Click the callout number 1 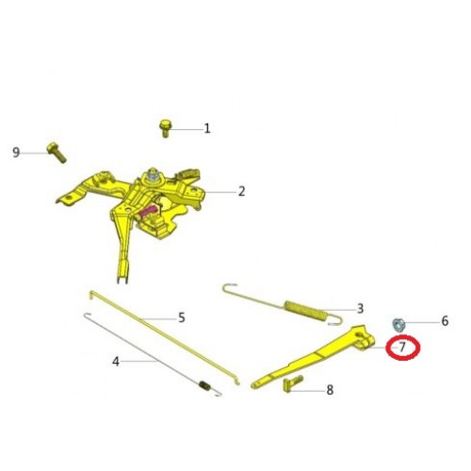point(207,128)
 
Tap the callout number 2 point(241,191)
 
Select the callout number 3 point(360,309)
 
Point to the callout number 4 point(116,362)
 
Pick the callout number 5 point(182,317)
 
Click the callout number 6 point(445,321)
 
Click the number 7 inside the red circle point(402,348)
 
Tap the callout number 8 point(330,390)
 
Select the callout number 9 point(16,153)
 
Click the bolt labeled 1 point(165,128)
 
